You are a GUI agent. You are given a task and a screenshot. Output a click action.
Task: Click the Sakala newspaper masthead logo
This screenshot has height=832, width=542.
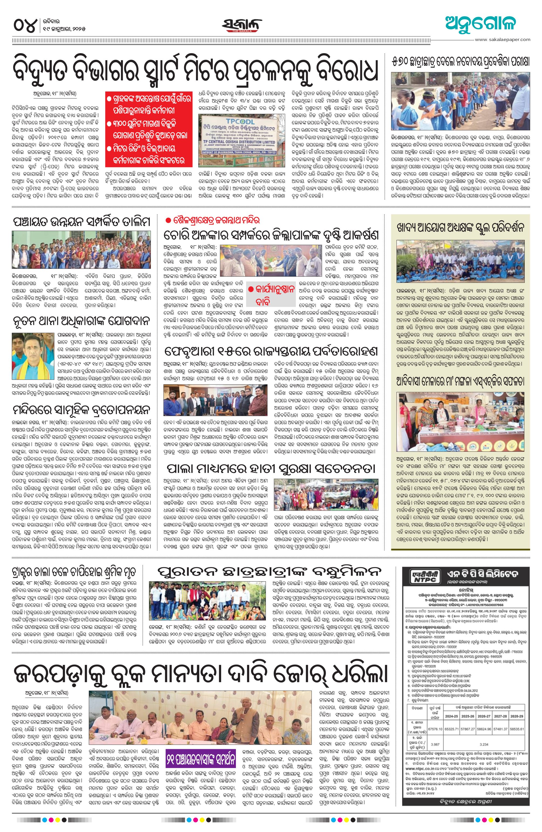pyautogui.click(x=242, y=25)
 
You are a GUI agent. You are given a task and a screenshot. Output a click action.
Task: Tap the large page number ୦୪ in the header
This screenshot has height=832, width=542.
pyautogui.click(x=25, y=25)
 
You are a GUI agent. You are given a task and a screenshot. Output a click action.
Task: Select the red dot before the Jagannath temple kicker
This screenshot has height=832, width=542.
pyautogui.click(x=168, y=220)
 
